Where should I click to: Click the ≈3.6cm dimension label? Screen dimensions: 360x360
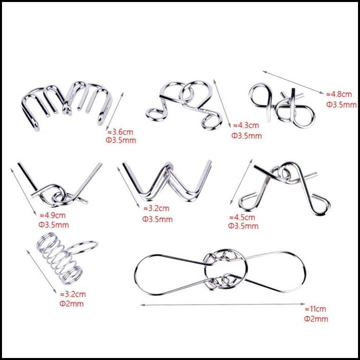[x=120, y=132]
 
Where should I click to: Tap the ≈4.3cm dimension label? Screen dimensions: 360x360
[x=246, y=125]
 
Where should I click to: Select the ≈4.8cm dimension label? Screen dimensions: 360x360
[x=339, y=94]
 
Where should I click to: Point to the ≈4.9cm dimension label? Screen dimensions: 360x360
[x=52, y=215]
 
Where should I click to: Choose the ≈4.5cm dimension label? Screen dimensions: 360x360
[x=242, y=217]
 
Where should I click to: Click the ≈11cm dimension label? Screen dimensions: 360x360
[x=315, y=309]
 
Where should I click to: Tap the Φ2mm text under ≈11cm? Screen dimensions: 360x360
[x=316, y=319]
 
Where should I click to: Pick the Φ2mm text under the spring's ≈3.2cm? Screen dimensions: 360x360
[x=71, y=304]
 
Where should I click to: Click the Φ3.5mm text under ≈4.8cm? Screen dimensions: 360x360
[x=341, y=104]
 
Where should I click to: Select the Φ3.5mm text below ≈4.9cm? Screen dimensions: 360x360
[x=53, y=225]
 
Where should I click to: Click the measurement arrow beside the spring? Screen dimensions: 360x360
[x=41, y=271]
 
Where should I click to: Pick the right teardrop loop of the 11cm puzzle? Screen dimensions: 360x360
[x=305, y=271]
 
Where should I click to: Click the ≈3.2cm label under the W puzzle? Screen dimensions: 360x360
[x=156, y=208]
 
